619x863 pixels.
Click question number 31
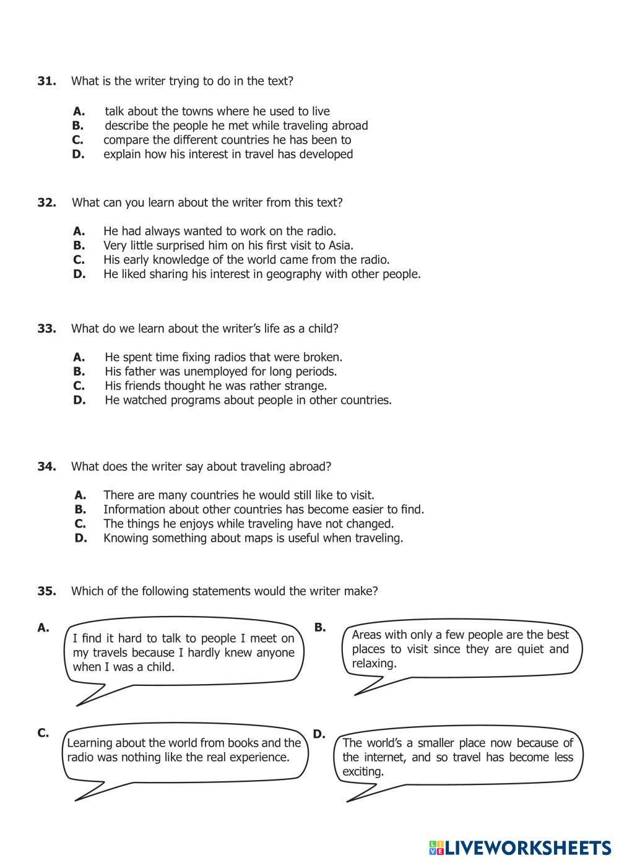(47, 81)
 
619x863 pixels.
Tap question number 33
(47, 329)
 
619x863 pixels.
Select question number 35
(47, 591)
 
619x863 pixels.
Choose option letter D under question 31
(78, 154)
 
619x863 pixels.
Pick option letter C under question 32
(79, 260)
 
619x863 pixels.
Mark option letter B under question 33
(79, 371)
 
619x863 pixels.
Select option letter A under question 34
(80, 495)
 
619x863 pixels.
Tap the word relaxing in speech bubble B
(374, 664)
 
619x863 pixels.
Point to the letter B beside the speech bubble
(319, 627)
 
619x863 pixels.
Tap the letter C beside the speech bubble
(43, 733)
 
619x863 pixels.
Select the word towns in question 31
(197, 111)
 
